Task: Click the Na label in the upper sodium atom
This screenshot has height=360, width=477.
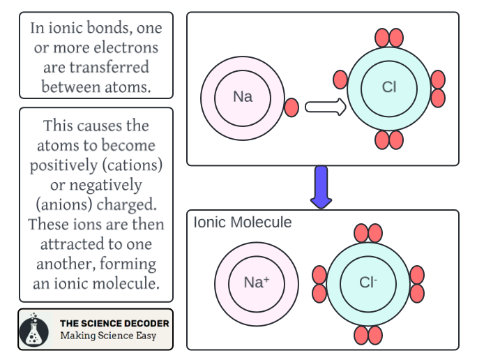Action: click(x=243, y=97)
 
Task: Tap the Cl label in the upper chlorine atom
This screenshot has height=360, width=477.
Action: click(x=389, y=88)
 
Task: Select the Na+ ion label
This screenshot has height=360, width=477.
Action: click(x=256, y=283)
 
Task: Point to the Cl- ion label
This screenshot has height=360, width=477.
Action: click(x=368, y=283)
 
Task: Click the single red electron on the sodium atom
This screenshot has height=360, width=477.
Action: click(x=292, y=107)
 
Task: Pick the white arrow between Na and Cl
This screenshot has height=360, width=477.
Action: click(x=326, y=107)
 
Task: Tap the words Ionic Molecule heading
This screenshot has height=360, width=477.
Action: click(x=243, y=223)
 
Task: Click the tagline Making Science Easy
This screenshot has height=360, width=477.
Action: click(x=107, y=336)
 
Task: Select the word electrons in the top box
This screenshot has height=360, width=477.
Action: click(x=130, y=48)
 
